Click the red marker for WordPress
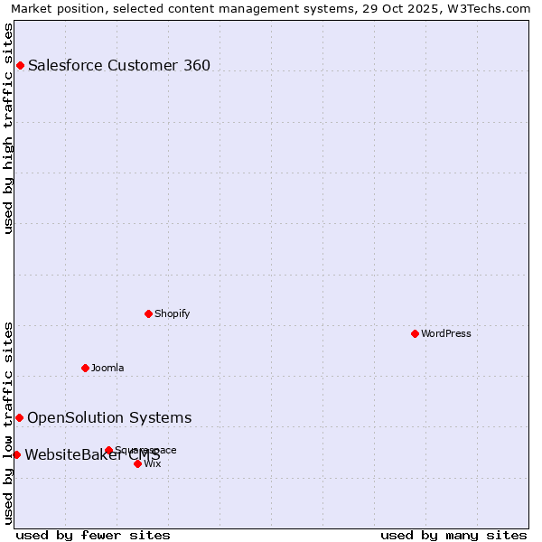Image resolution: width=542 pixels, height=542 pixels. click(415, 333)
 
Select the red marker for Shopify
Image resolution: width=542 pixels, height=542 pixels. click(148, 313)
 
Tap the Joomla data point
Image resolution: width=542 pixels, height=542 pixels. click(85, 368)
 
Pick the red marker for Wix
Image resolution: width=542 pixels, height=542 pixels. click(137, 463)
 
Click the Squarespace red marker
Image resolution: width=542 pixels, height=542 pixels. click(108, 450)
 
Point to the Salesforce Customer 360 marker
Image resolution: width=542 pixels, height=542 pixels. click(20, 65)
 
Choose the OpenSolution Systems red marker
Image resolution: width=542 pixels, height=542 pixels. click(19, 417)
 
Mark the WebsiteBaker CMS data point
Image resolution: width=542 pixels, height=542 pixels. click(16, 454)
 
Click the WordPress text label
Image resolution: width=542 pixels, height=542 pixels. click(446, 334)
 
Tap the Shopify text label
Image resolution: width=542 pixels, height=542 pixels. click(172, 314)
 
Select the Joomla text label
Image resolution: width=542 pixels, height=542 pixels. click(107, 369)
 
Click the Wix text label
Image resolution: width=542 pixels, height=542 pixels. click(153, 464)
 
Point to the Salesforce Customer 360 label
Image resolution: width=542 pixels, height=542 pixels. click(119, 65)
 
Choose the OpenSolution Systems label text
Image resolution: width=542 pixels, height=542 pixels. click(109, 417)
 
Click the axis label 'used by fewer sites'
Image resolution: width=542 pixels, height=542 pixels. click(93, 535)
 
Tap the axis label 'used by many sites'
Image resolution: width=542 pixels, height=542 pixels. click(453, 535)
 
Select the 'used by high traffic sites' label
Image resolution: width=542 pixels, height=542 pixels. click(9, 128)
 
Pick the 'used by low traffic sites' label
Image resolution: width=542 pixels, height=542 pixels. click(9, 423)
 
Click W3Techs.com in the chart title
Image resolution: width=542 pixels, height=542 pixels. click(486, 8)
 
